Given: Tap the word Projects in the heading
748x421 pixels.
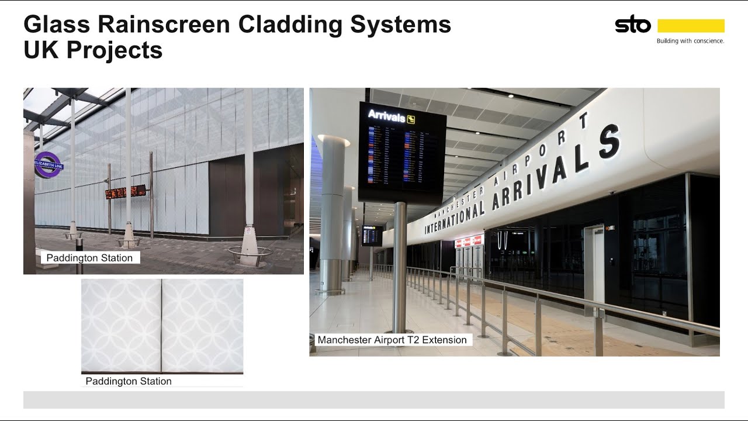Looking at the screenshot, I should pyautogui.click(x=114, y=50).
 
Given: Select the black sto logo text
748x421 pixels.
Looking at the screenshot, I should pyautogui.click(x=632, y=25).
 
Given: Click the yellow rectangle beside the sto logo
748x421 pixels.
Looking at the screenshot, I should pyautogui.click(x=691, y=26).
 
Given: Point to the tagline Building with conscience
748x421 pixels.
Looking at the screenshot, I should pyautogui.click(x=690, y=41).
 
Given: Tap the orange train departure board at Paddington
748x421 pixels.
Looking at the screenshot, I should pyautogui.click(x=125, y=192).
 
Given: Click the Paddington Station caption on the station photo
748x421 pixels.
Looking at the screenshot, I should pyautogui.click(x=89, y=258).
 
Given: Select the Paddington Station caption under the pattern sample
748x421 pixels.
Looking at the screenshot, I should pyautogui.click(x=129, y=381).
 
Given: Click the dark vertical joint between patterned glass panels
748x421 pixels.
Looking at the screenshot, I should pyautogui.click(x=161, y=325).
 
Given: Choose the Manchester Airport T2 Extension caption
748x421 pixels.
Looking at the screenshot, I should pyautogui.click(x=392, y=340).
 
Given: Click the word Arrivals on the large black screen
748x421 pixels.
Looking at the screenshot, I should pyautogui.click(x=386, y=117).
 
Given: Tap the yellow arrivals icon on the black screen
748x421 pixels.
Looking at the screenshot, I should pyautogui.click(x=411, y=119).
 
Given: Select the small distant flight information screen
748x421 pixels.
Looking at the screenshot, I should pyautogui.click(x=372, y=236).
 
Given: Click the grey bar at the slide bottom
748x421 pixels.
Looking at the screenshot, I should pyautogui.click(x=374, y=400).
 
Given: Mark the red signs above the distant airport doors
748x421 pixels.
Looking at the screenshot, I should pyautogui.click(x=469, y=241).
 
